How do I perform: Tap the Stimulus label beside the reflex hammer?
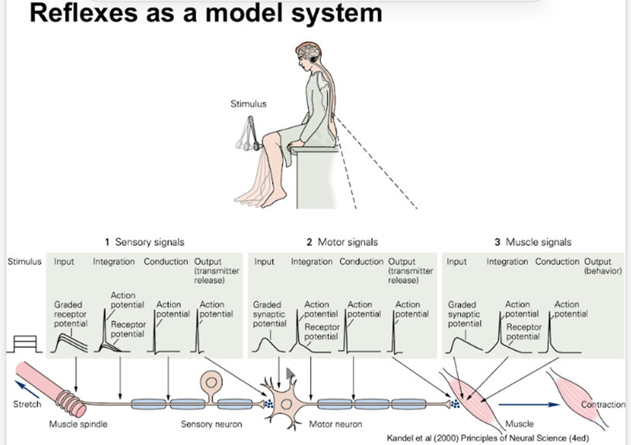point(247,104)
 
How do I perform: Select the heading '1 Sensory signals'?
point(145,242)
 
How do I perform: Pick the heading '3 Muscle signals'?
point(533,242)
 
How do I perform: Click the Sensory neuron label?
point(211,423)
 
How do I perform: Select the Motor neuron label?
point(335,423)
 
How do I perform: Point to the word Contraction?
point(602,405)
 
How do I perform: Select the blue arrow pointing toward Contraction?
point(528,403)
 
